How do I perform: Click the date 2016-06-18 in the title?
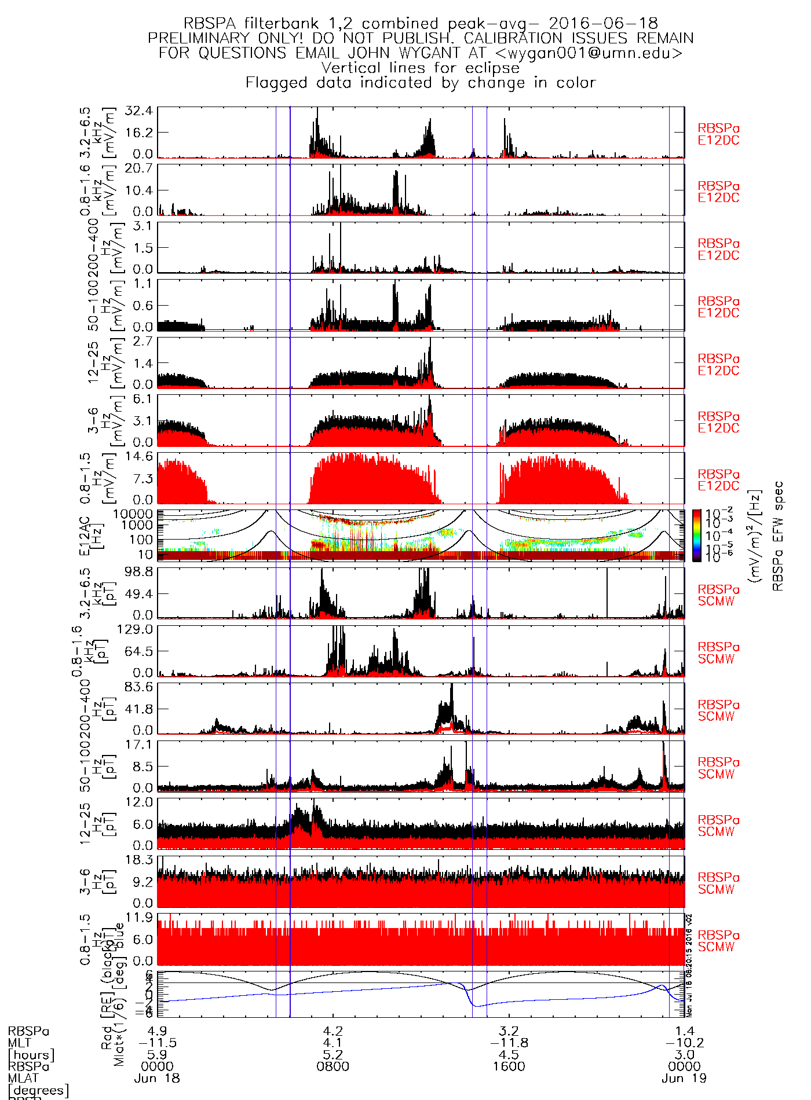pyautogui.click(x=603, y=24)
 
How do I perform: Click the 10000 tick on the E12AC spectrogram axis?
pyautogui.click(x=133, y=514)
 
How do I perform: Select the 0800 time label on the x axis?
pyautogui.click(x=333, y=1066)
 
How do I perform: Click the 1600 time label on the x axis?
pyautogui.click(x=509, y=1066)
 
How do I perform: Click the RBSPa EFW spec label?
pyautogui.click(x=778, y=536)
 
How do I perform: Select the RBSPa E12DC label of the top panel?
pyautogui.click(x=718, y=134)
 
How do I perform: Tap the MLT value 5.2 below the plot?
pyautogui.click(x=333, y=1055)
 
